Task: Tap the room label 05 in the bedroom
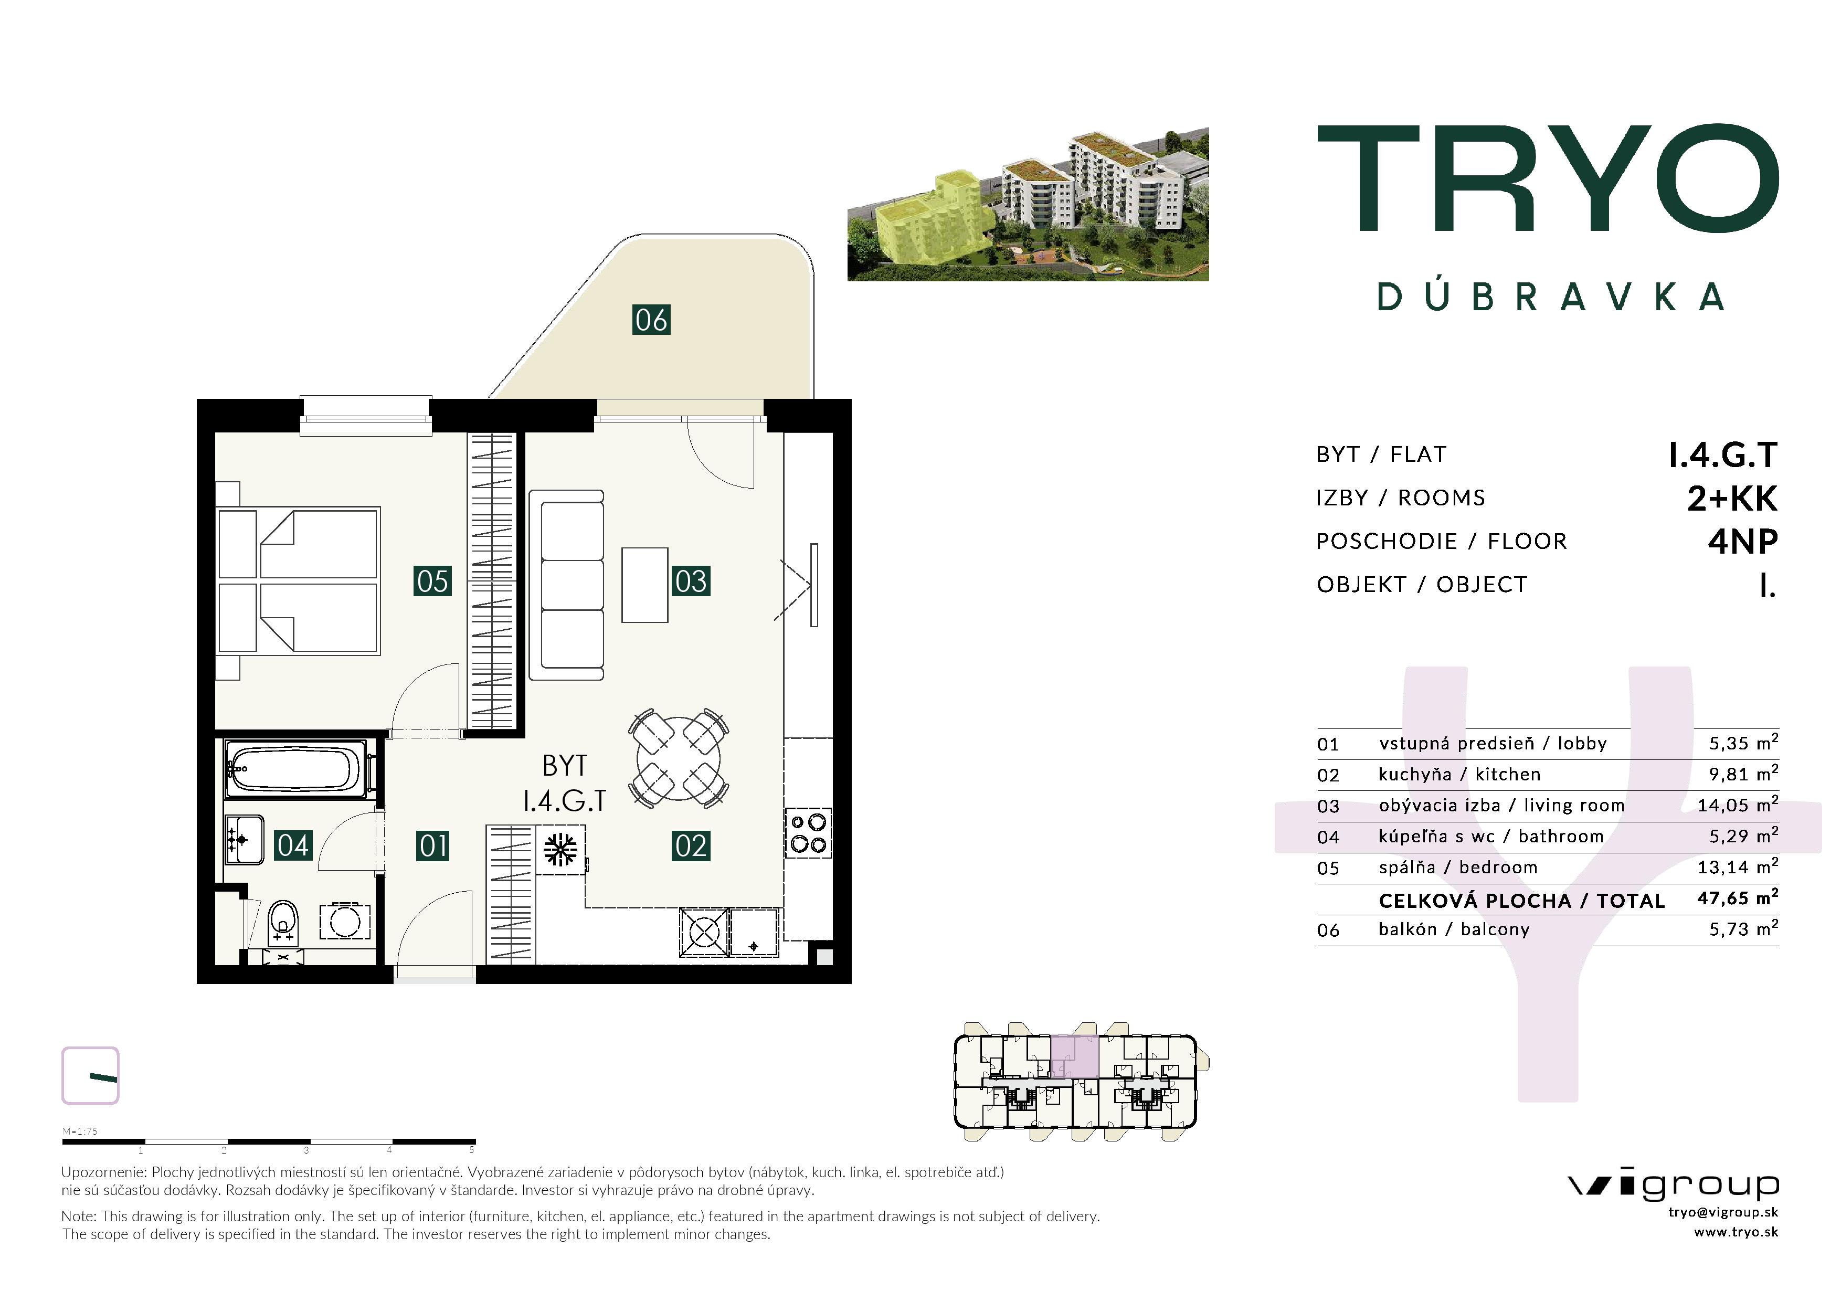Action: click(432, 581)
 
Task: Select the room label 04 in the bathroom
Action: click(293, 845)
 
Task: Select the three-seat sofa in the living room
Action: click(572, 585)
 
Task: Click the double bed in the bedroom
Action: click(298, 581)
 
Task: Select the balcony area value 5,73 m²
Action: click(1743, 928)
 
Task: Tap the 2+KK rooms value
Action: click(1732, 499)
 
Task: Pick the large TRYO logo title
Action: click(1548, 177)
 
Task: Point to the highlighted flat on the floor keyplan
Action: click(1074, 1056)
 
